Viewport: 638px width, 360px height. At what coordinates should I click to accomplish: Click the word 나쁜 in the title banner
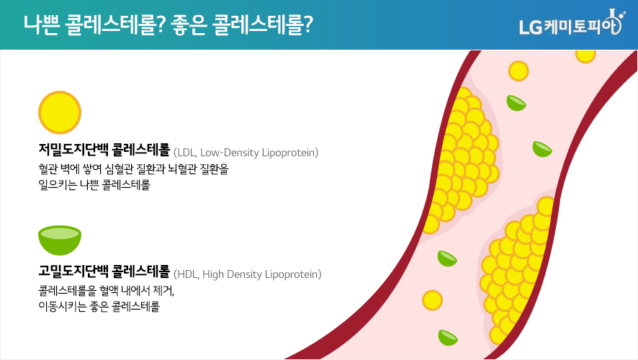(x=41, y=24)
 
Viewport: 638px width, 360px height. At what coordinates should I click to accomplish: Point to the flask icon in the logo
(x=615, y=22)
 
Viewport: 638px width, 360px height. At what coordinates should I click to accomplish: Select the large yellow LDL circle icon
(x=60, y=112)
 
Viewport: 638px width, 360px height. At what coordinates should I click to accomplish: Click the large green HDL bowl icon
(x=60, y=240)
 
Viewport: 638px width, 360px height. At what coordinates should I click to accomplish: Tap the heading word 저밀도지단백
(x=73, y=150)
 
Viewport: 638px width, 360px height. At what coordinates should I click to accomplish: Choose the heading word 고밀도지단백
(x=73, y=271)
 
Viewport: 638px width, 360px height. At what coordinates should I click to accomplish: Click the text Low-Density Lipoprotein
(x=259, y=153)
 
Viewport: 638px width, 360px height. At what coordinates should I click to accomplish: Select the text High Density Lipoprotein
(x=261, y=274)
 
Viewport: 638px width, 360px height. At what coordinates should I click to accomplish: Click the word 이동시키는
(x=62, y=306)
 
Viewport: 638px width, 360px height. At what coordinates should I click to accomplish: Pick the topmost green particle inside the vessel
(x=516, y=103)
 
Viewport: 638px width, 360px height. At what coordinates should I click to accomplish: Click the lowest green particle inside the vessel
(x=448, y=338)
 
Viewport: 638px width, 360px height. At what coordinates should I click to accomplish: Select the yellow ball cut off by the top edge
(x=585, y=56)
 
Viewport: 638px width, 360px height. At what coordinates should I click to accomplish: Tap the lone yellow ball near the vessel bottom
(x=432, y=300)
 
